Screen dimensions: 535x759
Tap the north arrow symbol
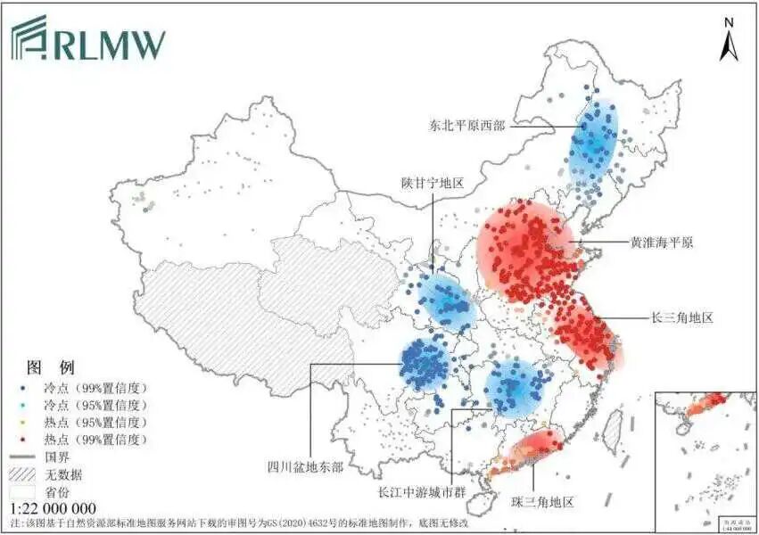(x=729, y=40)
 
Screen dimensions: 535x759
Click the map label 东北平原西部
(x=466, y=126)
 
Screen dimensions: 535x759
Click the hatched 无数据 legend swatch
(x=25, y=474)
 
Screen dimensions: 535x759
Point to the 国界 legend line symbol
(x=25, y=457)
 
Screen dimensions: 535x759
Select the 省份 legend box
(x=25, y=491)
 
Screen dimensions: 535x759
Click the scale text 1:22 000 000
(x=53, y=508)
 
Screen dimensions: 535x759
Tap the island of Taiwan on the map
(x=613, y=431)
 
